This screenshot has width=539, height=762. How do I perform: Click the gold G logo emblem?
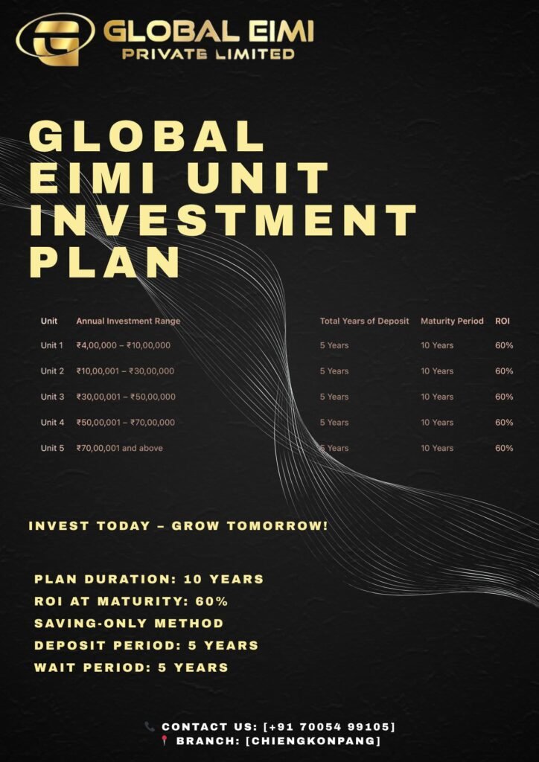click(56, 40)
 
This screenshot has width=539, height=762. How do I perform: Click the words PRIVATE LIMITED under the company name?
click(208, 54)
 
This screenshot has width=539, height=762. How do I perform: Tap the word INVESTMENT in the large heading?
click(223, 220)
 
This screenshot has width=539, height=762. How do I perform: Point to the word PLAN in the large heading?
click(104, 263)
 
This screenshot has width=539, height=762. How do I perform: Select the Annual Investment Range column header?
click(128, 321)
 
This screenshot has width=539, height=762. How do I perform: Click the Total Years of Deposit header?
click(365, 321)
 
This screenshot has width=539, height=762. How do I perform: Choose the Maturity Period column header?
click(452, 321)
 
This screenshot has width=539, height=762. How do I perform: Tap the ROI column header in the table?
click(502, 321)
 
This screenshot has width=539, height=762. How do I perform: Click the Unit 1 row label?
click(52, 345)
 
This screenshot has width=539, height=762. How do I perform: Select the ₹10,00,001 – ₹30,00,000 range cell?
click(125, 371)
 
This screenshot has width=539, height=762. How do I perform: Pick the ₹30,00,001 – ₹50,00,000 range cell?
click(126, 397)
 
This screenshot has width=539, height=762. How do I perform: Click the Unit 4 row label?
click(53, 423)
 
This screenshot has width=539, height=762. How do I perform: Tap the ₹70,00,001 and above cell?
click(120, 448)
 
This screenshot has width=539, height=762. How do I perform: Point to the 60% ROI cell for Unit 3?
click(504, 397)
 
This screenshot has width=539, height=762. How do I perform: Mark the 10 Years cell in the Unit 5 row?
click(437, 448)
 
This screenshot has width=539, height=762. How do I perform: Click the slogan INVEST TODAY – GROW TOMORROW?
click(179, 526)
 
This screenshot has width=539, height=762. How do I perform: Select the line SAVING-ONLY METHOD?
click(129, 623)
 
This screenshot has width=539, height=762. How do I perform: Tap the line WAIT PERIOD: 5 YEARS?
click(131, 667)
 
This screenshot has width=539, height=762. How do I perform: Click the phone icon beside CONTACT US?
click(150, 726)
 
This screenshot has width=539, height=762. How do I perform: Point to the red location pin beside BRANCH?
click(165, 740)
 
